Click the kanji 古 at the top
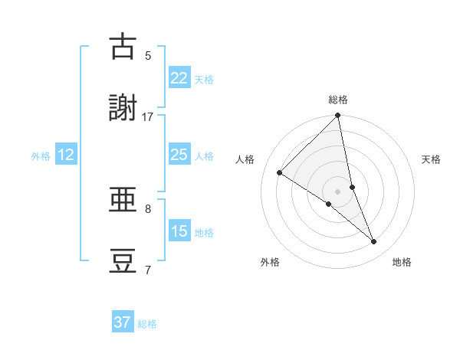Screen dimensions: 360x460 click(123, 47)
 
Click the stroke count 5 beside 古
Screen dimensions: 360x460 click(148, 55)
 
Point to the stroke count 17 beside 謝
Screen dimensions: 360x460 click(148, 116)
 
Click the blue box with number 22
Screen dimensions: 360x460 click(179, 77)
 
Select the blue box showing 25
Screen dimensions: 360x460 click(179, 155)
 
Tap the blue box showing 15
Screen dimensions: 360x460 click(179, 231)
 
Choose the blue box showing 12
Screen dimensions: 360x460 click(66, 155)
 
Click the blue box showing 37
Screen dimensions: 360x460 click(123, 322)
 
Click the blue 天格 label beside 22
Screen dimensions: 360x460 click(204, 79)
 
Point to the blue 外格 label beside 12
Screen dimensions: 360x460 click(41, 156)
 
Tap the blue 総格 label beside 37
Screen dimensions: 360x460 click(147, 324)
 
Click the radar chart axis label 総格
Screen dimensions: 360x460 click(338, 100)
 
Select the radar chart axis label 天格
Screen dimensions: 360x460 click(431, 159)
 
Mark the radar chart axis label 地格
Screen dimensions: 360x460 click(402, 262)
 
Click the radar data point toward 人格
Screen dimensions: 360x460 click(280, 172)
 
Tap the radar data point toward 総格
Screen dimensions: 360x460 click(338, 116)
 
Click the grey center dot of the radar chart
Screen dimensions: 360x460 click(338, 191)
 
